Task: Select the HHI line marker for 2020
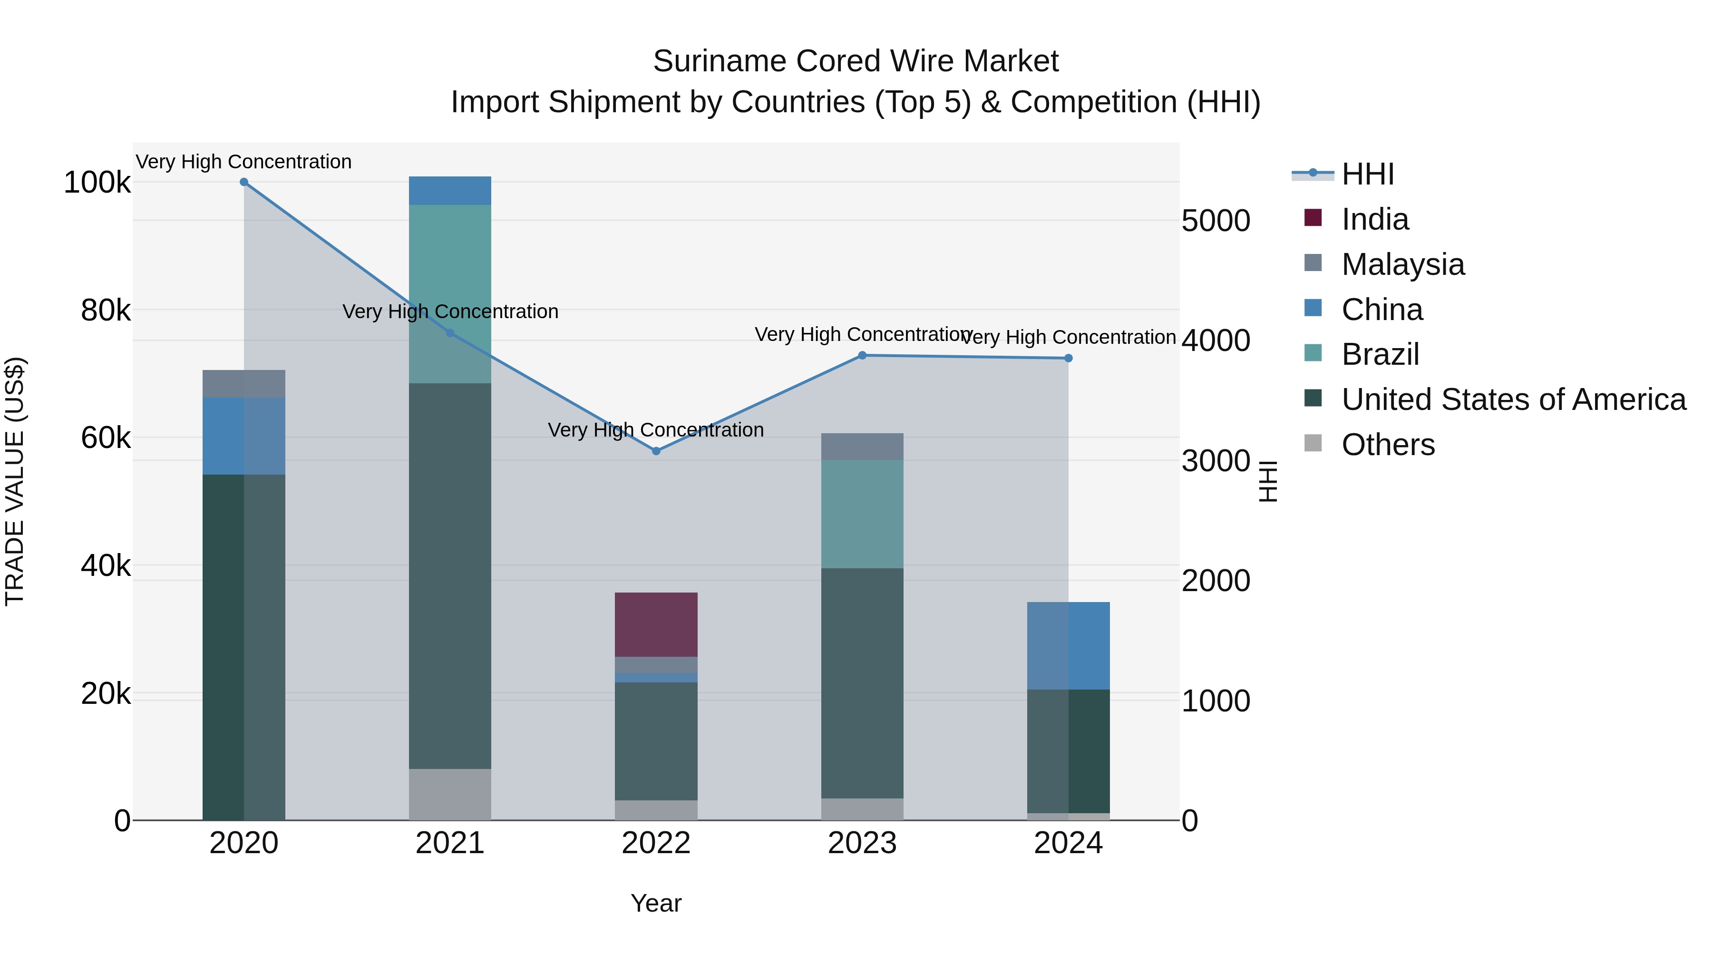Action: tap(244, 182)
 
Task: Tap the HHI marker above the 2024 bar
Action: tap(1068, 358)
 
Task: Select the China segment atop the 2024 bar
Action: tap(1068, 645)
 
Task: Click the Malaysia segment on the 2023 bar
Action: tap(862, 447)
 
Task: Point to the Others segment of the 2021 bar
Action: tap(450, 794)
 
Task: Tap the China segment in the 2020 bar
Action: tap(244, 436)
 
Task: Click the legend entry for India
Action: tap(1374, 219)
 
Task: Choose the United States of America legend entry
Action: tap(1513, 399)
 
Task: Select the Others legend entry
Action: tap(1387, 445)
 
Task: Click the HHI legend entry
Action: tap(1367, 174)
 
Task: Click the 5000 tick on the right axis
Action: tap(1216, 221)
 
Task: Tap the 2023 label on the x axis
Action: tap(862, 843)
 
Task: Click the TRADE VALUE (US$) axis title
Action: tap(15, 481)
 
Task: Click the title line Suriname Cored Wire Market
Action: tap(856, 61)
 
